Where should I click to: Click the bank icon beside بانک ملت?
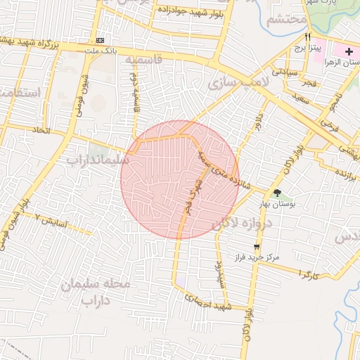100,41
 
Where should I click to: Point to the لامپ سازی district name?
238,83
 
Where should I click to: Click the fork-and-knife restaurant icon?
307,37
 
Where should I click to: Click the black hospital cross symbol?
349,52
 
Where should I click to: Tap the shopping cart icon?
257,247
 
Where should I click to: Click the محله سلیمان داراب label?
96,292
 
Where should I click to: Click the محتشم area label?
288,20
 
